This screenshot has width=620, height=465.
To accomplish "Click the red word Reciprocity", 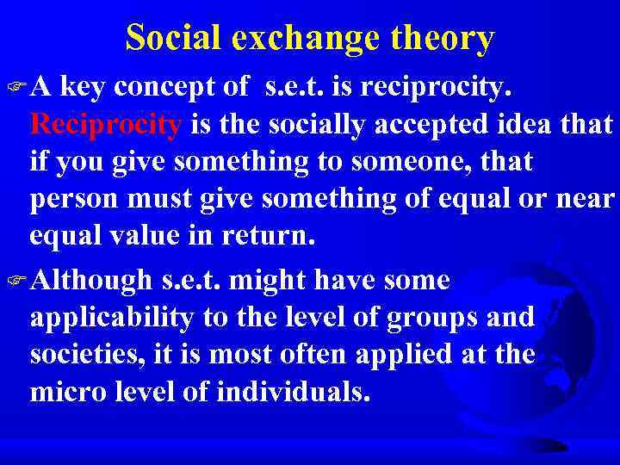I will coord(106,126).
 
